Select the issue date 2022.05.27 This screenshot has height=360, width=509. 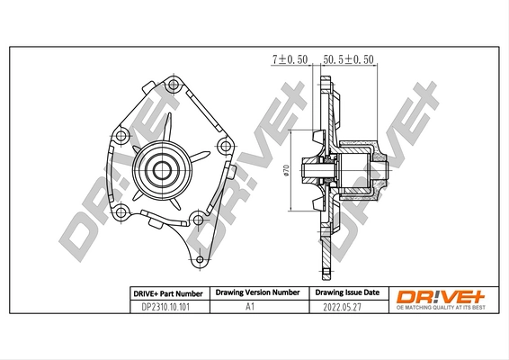coord(345,307)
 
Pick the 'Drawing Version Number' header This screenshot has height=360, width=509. coord(256,293)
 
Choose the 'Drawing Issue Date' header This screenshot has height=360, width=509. coord(345,293)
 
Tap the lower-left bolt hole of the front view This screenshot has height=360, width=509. coord(120,211)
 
